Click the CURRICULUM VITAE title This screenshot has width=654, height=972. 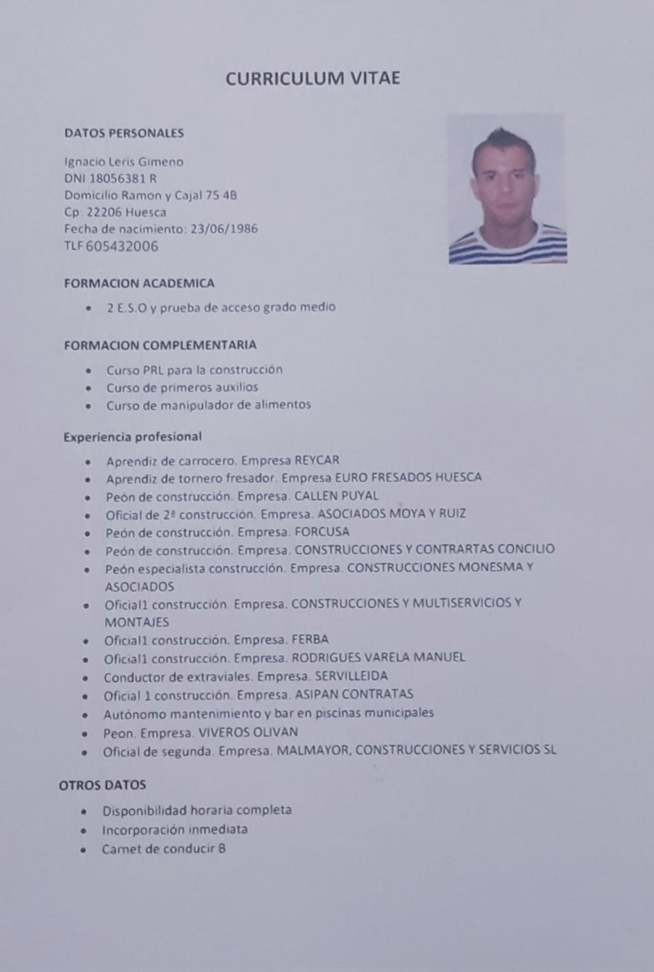pyautogui.click(x=313, y=79)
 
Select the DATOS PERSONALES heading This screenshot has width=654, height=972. pyautogui.click(x=124, y=133)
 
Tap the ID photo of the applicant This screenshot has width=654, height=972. pyautogui.click(x=507, y=188)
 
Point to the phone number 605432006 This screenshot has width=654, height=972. pyautogui.click(x=122, y=246)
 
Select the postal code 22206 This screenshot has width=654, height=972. pyautogui.click(x=104, y=212)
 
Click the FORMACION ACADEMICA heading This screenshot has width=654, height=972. pyautogui.click(x=139, y=283)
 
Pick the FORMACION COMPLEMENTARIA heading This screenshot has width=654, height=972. pyautogui.click(x=160, y=345)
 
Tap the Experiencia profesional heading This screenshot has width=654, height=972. pyautogui.click(x=133, y=437)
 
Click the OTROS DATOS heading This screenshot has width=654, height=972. pyautogui.click(x=103, y=785)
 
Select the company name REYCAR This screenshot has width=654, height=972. pyautogui.click(x=317, y=461)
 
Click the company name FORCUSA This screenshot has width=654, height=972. pyautogui.click(x=322, y=532)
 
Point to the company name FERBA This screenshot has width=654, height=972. pyautogui.click(x=310, y=639)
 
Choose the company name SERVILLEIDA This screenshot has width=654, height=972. pyautogui.click(x=351, y=676)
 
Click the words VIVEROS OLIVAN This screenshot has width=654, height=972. pyautogui.click(x=248, y=732)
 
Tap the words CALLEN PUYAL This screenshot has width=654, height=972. pyautogui.click(x=336, y=496)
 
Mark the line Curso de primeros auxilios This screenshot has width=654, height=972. pyautogui.click(x=182, y=387)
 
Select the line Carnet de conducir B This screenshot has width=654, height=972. pyautogui.click(x=164, y=849)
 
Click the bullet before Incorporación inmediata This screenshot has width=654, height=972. pyautogui.click(x=84, y=830)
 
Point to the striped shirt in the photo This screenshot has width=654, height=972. pyautogui.click(x=508, y=244)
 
